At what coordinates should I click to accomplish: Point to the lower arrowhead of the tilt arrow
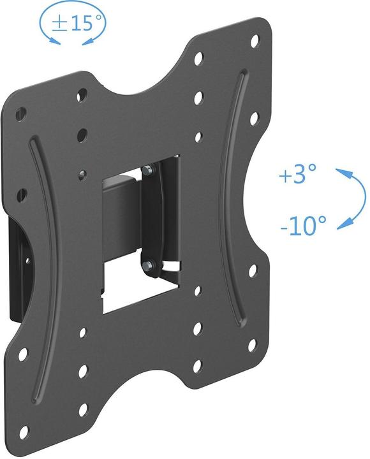click(x=343, y=224)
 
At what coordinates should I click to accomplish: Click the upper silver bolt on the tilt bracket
click(x=148, y=170)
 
